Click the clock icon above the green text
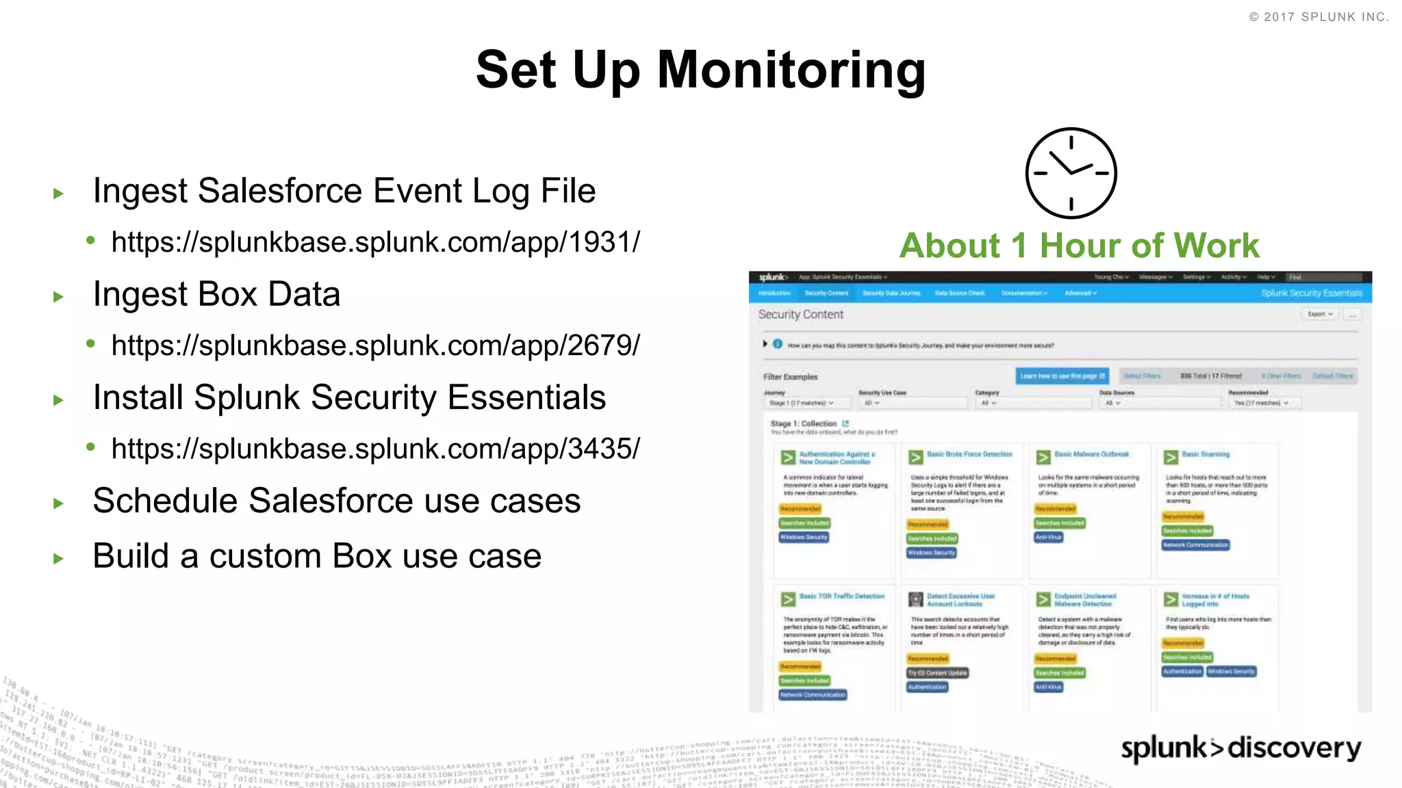1071,173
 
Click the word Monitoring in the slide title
791,70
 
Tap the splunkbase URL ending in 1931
375,242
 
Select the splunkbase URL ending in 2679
375,345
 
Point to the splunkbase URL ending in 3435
375,449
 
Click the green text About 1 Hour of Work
1079,246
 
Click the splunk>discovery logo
1240,748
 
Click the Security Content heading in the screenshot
800,315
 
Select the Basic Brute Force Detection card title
969,454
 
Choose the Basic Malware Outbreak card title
1091,454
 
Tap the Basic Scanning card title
1206,454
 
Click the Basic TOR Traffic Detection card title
842,596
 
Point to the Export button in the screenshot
1319,314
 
